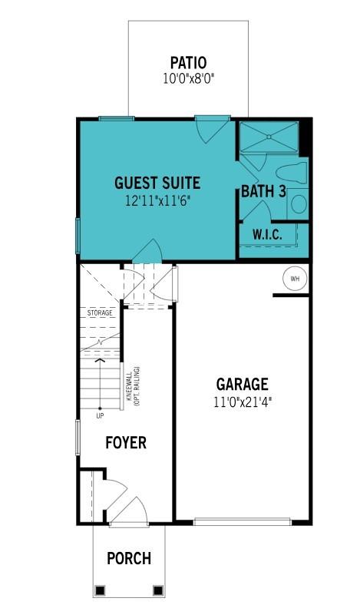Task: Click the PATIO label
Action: click(x=188, y=63)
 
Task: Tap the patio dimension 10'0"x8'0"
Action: click(x=188, y=78)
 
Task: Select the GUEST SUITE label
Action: click(x=157, y=183)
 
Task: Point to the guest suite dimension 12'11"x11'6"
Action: click(x=157, y=200)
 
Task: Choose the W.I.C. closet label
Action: click(x=267, y=235)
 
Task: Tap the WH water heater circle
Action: click(x=294, y=279)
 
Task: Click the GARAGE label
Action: click(x=242, y=384)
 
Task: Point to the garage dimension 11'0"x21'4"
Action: click(x=242, y=401)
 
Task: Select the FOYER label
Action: click(x=126, y=443)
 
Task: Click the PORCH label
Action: click(x=128, y=558)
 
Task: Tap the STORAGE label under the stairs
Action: click(x=99, y=313)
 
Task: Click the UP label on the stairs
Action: click(x=100, y=416)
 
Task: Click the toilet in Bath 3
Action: click(x=292, y=172)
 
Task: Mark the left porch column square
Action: click(x=99, y=590)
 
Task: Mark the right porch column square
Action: click(x=158, y=590)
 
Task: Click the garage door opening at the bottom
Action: click(x=242, y=522)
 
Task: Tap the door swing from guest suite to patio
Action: click(x=210, y=128)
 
